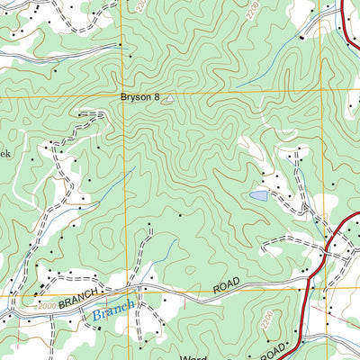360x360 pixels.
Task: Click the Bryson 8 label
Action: pyautogui.click(x=139, y=98)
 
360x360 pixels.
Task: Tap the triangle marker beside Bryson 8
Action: pyautogui.click(x=166, y=101)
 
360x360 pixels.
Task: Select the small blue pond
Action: pyautogui.click(x=258, y=195)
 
